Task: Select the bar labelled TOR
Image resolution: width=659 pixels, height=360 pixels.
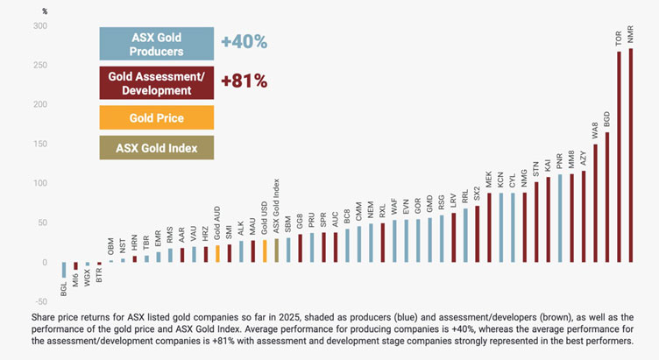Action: coord(619,157)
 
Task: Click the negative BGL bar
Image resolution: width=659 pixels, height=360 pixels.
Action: coord(64,270)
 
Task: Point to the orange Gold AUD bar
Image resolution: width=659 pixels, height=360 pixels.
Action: coord(217,253)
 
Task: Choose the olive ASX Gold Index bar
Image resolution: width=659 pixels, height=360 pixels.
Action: coord(276,251)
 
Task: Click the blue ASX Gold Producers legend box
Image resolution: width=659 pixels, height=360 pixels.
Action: coord(155,44)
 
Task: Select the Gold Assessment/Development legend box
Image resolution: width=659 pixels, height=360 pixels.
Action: coord(155,83)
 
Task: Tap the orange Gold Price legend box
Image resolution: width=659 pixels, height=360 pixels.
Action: coord(155,118)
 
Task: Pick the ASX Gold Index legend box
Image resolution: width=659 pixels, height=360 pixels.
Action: coord(155,148)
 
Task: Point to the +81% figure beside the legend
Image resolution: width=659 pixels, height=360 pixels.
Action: coord(244,81)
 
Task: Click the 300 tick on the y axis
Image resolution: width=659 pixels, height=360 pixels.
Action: coord(40,26)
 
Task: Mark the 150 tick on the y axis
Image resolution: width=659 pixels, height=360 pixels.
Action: coord(40,145)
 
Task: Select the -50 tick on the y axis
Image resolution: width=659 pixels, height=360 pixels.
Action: coord(40,302)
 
